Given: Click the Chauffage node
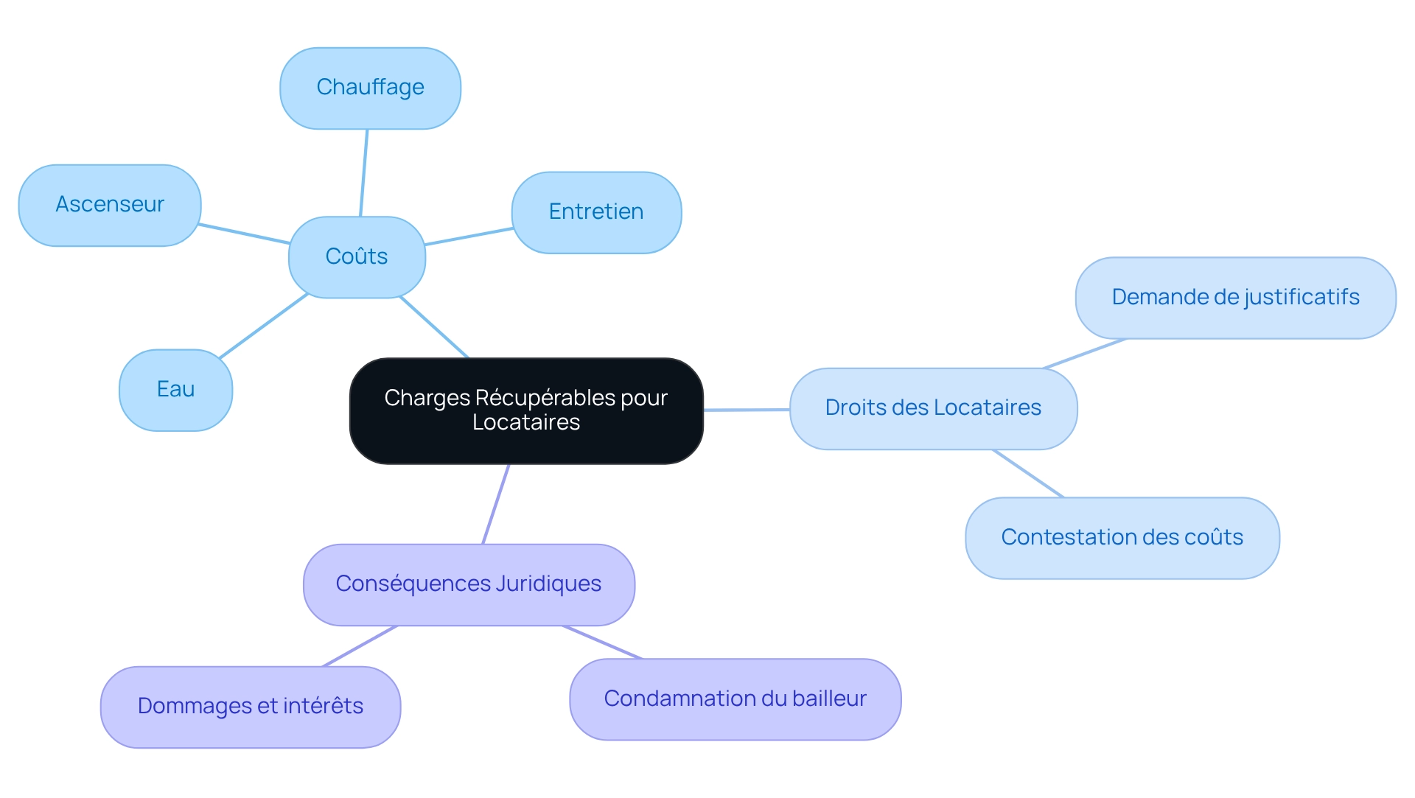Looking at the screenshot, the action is coord(370,88).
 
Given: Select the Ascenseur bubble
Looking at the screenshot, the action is coord(110,205).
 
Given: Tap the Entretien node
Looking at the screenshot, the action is coord(596,212).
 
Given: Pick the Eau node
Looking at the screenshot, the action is coord(175,390).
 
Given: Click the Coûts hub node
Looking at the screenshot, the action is coord(357,257).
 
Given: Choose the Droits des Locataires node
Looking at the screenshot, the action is coord(933,408).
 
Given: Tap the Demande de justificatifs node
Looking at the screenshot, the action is coord(1235,298).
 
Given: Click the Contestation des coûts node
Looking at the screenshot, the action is coord(1122,538).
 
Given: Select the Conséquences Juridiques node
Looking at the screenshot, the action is coord(469,584).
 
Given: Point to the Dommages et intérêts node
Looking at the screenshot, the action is coord(251,707).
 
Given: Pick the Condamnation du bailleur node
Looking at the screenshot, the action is coord(735,699).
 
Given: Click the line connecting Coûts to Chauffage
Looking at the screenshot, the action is coord(363,173).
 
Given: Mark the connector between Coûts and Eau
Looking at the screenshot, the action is coord(264,326).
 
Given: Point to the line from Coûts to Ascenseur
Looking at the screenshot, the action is coord(245,234).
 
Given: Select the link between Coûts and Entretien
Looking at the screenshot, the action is coord(469,237).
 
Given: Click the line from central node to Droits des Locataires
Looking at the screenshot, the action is coord(747,410).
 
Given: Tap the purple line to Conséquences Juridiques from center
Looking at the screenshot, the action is coord(496,504).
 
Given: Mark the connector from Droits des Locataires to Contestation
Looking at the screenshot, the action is coord(1028,474).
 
